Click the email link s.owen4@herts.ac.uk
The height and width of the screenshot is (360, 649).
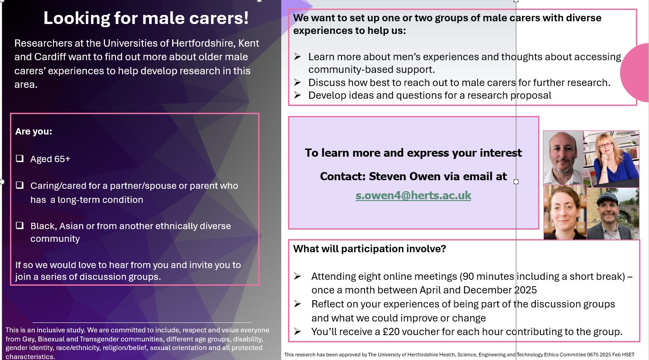413,196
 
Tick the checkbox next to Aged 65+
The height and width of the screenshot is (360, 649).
20,158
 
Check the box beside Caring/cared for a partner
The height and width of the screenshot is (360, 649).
20,185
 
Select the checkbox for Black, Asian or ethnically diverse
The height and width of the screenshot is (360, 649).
20,226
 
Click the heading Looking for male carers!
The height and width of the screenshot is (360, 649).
146,18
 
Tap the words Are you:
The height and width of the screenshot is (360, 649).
34,131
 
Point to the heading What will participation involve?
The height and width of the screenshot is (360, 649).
370,249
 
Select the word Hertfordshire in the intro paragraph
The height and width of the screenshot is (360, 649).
202,43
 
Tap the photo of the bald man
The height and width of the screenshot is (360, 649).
563,158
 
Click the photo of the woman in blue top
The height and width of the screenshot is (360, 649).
611,159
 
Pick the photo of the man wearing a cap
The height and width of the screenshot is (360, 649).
613,214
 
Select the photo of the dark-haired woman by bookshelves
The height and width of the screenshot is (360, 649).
565,212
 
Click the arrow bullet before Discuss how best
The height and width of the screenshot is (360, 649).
297,82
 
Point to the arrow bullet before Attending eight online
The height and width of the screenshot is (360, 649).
297,276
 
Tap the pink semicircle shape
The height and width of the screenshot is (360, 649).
635,72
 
